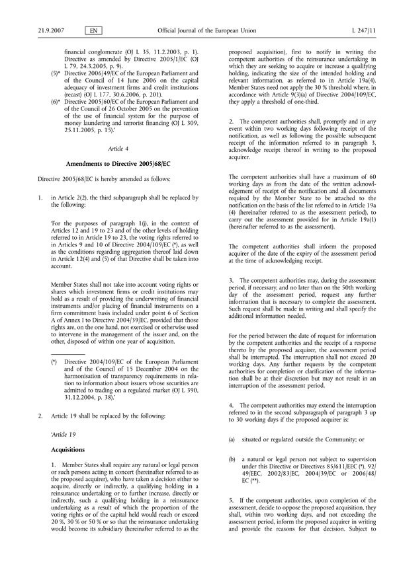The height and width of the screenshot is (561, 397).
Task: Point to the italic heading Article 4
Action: [x=115, y=149]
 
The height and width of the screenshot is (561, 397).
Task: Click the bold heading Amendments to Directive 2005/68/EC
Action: [x=115, y=163]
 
